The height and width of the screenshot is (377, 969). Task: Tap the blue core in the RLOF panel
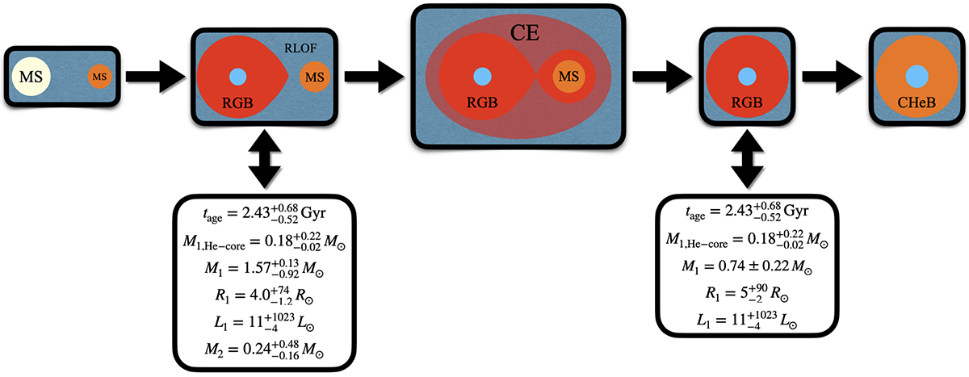pos(237,77)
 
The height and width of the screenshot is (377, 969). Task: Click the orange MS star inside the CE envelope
pos(570,76)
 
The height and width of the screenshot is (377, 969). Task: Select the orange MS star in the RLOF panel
pos(313,78)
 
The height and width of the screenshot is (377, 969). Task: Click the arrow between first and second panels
pos(155,77)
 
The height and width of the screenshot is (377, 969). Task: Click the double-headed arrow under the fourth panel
pos(746,158)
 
